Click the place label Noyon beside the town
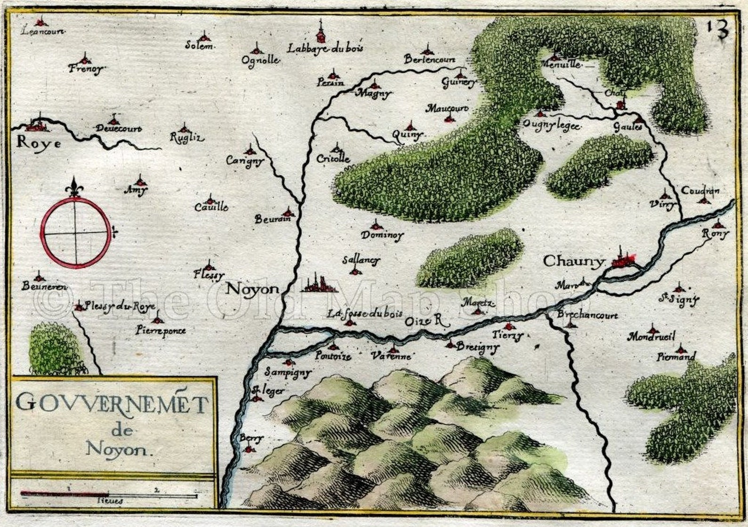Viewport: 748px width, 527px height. [252, 289]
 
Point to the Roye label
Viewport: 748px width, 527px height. [38, 143]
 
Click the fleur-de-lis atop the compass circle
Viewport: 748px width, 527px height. [75, 187]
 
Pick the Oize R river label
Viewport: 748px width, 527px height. [424, 321]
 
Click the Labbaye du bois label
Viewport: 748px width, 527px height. [325, 48]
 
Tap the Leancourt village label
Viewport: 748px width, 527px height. [43, 32]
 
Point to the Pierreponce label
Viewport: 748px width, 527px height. [160, 330]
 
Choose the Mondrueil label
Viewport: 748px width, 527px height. [651, 337]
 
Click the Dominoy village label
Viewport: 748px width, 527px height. [382, 235]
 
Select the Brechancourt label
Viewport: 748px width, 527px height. [587, 316]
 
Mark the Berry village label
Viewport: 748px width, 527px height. [251, 438]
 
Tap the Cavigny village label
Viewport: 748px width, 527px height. [245, 161]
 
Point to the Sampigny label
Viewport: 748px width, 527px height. [287, 372]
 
